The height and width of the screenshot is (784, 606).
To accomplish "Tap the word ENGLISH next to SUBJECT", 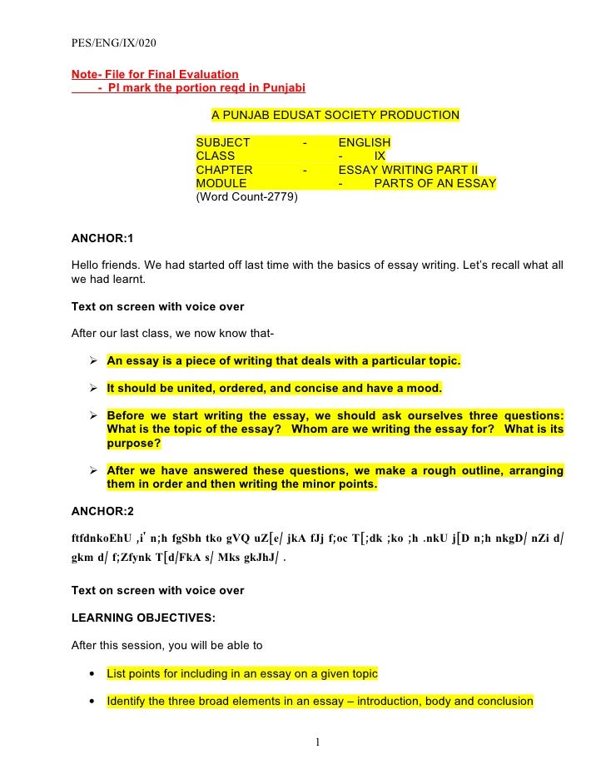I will pos(364,143).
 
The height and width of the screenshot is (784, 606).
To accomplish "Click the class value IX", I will pos(380,156).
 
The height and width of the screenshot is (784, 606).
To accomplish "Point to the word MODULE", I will pos(221,183).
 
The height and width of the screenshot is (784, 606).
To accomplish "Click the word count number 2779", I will pos(281,197).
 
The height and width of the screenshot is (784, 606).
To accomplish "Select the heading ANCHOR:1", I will pos(102,239).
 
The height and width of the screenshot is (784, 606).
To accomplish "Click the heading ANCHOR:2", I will pos(102,509).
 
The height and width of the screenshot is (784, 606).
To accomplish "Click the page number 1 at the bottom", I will pos(317,742).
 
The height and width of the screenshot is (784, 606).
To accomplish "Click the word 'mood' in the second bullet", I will pos(423,388).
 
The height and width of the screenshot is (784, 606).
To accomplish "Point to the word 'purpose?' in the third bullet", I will pos(134,444).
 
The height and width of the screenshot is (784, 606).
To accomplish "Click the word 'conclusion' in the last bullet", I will pos(504,702).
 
